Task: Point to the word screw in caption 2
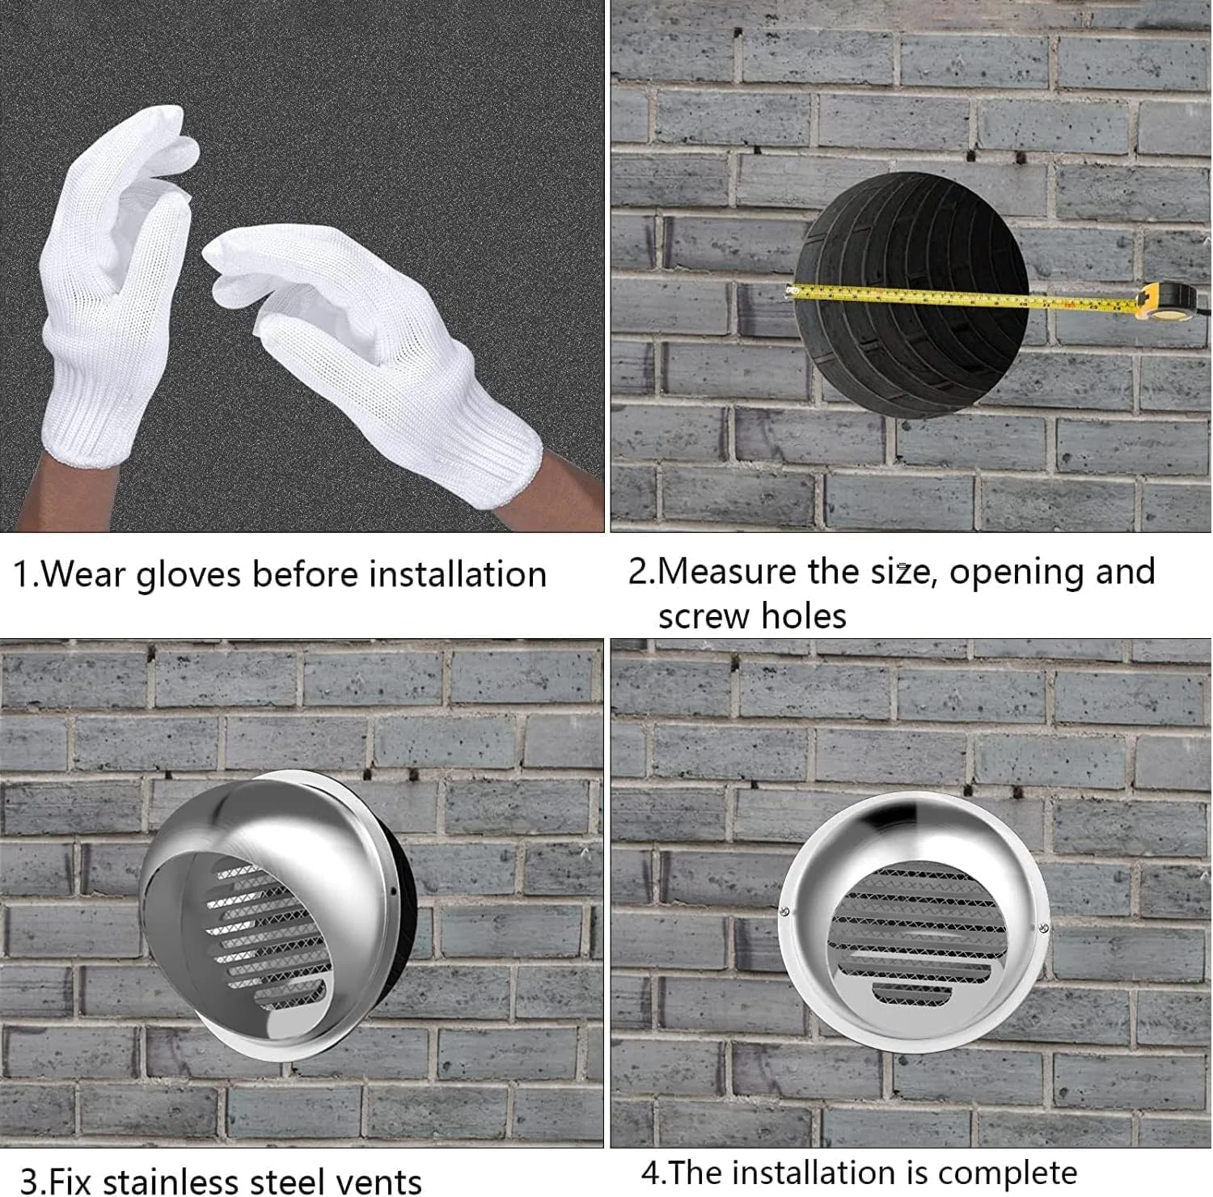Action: pyautogui.click(x=704, y=616)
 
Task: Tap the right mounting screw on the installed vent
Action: pyautogui.click(x=1044, y=928)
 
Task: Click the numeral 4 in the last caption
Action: pyautogui.click(x=650, y=1173)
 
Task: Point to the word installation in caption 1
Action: pyautogui.click(x=458, y=574)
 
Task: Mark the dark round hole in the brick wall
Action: pyautogui.click(x=911, y=291)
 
